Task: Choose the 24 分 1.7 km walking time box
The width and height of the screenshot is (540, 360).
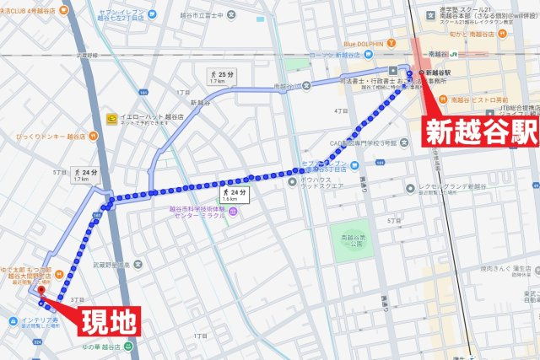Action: pos(81,175)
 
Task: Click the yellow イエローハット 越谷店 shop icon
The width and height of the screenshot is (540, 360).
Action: pos(112,118)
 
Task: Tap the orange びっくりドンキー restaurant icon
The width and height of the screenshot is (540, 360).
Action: pos(8,135)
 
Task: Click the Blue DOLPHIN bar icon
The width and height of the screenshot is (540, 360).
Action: pos(337,44)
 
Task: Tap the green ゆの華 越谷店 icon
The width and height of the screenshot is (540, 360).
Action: pos(127,345)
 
